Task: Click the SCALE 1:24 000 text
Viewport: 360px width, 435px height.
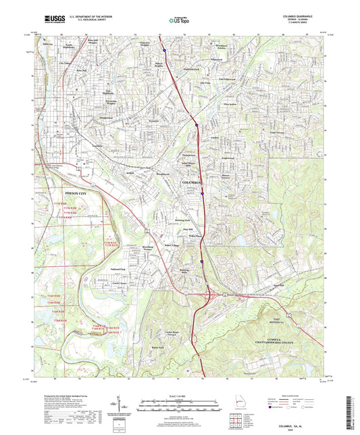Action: pyautogui.click(x=180, y=394)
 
